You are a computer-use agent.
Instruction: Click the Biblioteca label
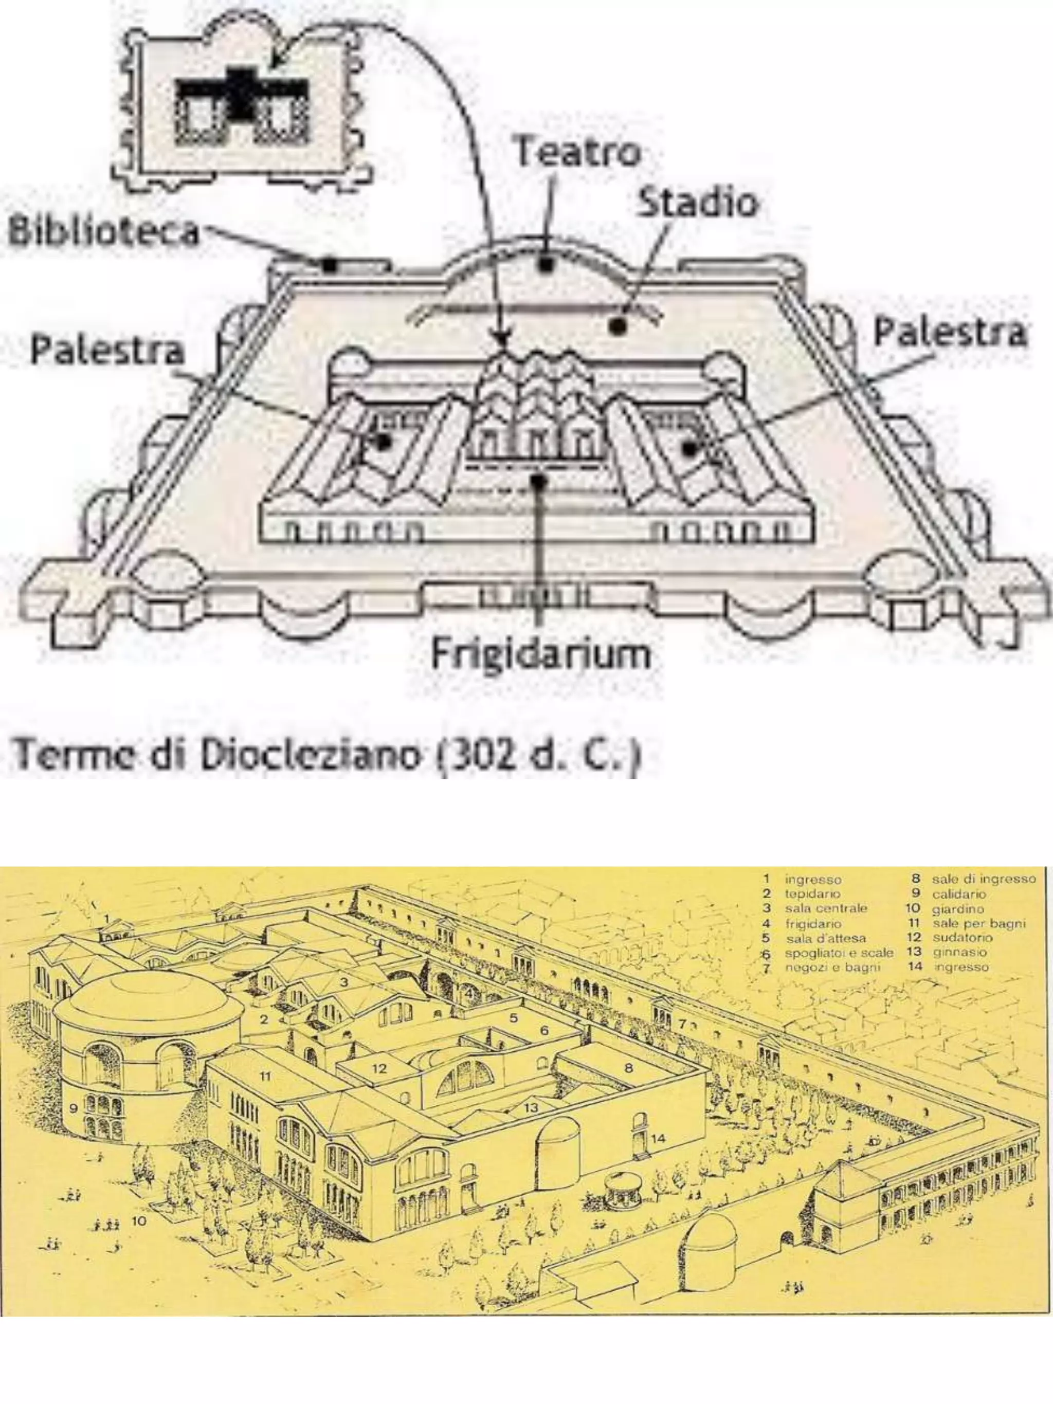click(104, 232)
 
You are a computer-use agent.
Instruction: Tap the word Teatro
click(577, 152)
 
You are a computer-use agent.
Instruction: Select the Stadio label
click(697, 203)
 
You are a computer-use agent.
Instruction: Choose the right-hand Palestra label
click(949, 332)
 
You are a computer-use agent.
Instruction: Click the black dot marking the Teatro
click(545, 263)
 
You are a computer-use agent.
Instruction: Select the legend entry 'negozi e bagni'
click(832, 968)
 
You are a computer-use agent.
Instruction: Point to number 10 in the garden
click(139, 1220)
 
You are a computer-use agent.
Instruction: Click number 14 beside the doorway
click(658, 1138)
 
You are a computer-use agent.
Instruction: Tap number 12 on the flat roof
click(379, 1068)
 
